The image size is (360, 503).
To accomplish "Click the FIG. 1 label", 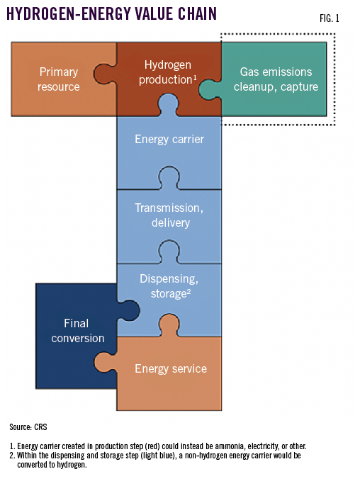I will (327, 19).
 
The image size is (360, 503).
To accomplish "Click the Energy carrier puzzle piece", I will (169, 140).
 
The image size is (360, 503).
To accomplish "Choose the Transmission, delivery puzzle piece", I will (169, 215).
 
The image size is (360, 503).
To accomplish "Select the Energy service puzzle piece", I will (171, 369).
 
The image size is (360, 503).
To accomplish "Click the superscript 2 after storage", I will (187, 290).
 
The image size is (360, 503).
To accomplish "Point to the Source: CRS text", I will (29, 427).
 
